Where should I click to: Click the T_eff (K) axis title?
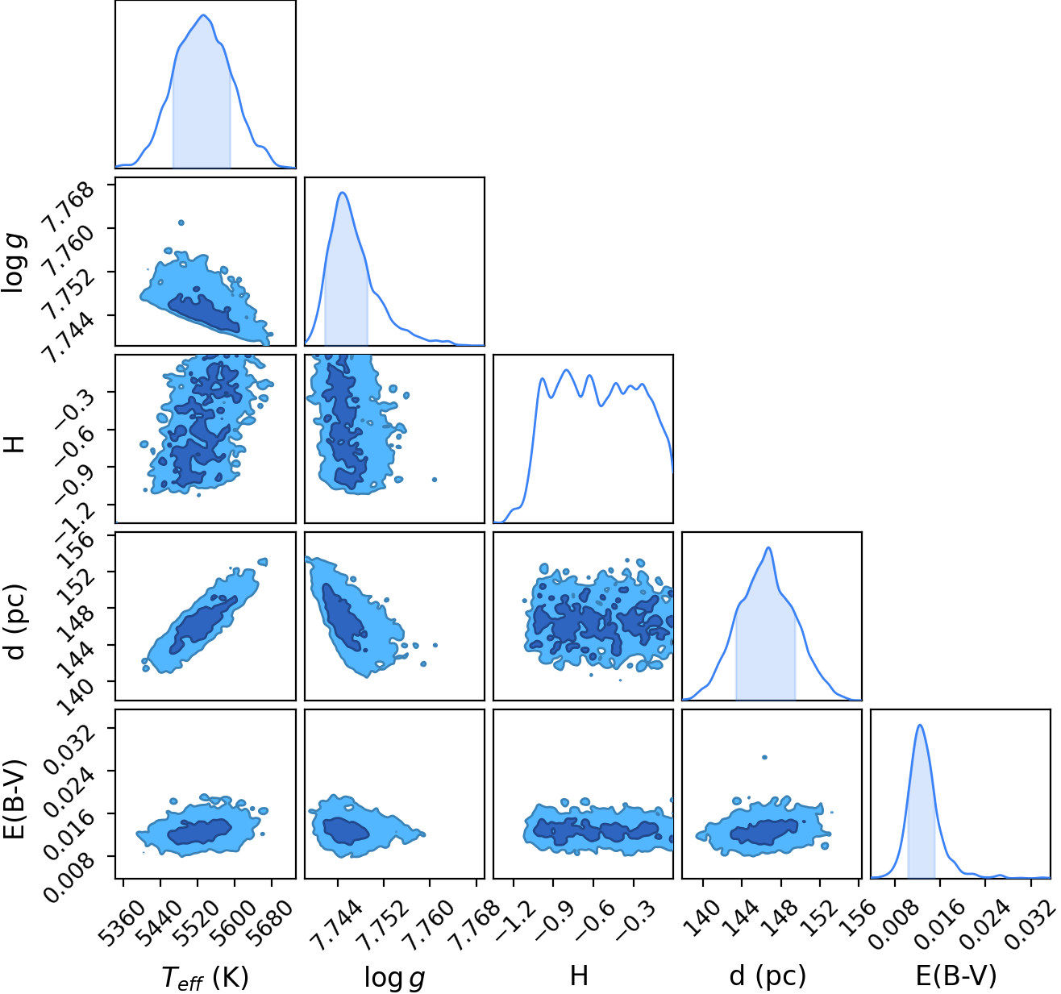(205, 977)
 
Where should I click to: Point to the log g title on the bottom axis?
(394, 978)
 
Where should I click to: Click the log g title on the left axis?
(14, 262)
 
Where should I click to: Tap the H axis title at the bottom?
(580, 976)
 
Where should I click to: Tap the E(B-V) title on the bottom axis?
(956, 976)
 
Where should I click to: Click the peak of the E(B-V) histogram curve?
(920, 726)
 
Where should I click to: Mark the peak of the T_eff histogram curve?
(203, 15)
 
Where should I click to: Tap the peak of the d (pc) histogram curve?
(768, 547)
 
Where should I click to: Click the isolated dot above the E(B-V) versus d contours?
(764, 757)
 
